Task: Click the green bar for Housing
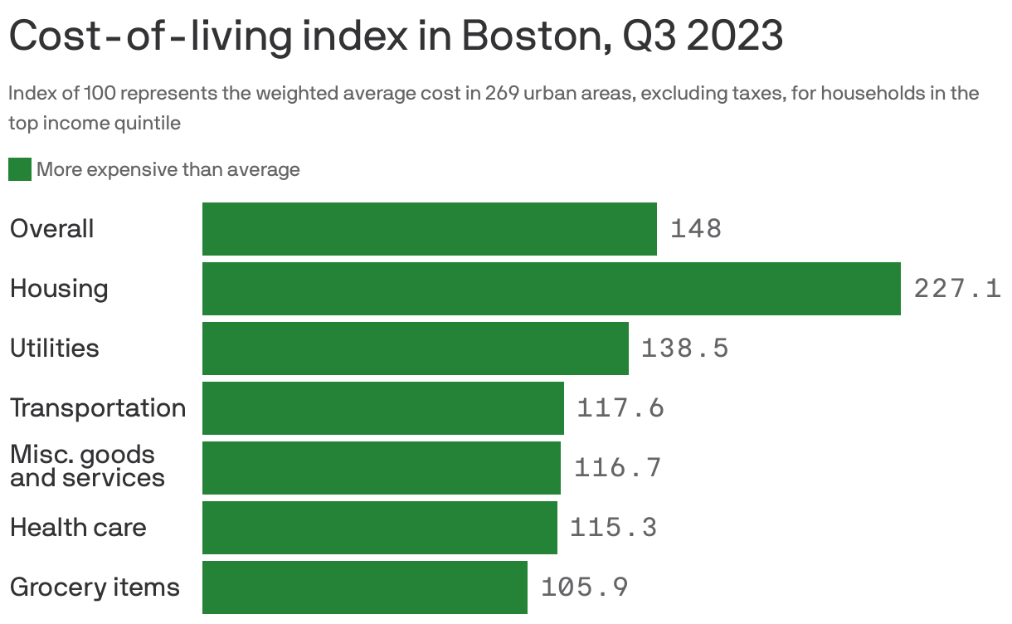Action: (551, 289)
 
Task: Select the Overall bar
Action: (429, 229)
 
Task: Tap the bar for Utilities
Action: (415, 349)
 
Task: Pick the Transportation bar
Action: (382, 408)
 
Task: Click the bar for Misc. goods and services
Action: (381, 468)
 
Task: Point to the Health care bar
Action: (379, 528)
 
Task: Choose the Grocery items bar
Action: (364, 587)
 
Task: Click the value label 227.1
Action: (957, 289)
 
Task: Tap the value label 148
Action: (696, 229)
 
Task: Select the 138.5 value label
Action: (684, 349)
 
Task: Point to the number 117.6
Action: (620, 408)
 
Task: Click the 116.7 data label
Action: (617, 468)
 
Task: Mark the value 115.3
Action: (613, 528)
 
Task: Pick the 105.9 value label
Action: (584, 587)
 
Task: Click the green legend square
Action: (20, 170)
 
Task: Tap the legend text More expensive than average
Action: (168, 170)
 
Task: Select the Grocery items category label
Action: (95, 587)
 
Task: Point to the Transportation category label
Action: (98, 408)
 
